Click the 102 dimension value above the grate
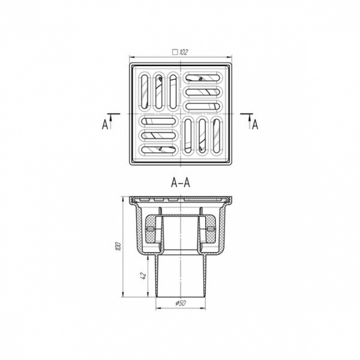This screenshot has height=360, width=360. point(184,52)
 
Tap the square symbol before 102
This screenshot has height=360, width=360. point(175,52)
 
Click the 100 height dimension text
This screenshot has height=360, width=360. point(118,246)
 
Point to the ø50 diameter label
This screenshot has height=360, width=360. point(181,303)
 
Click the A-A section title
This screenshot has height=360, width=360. point(181,183)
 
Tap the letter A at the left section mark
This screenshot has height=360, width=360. point(105,125)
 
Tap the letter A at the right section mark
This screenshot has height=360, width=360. point(255,125)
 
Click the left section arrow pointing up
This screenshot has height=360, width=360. point(111,121)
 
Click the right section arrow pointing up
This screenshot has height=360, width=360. point(249,121)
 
